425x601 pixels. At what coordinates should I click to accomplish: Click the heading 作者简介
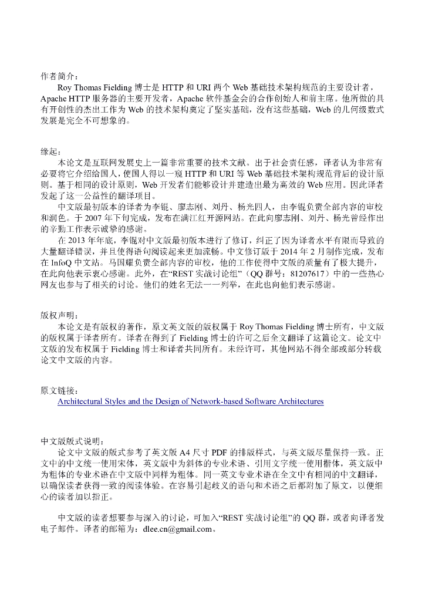pyautogui.click(x=58, y=77)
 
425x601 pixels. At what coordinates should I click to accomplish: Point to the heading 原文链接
pyautogui.click(x=58, y=390)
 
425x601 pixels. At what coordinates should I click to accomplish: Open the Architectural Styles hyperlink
pyautogui.click(x=191, y=401)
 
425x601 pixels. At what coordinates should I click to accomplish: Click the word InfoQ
pyautogui.click(x=63, y=263)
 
